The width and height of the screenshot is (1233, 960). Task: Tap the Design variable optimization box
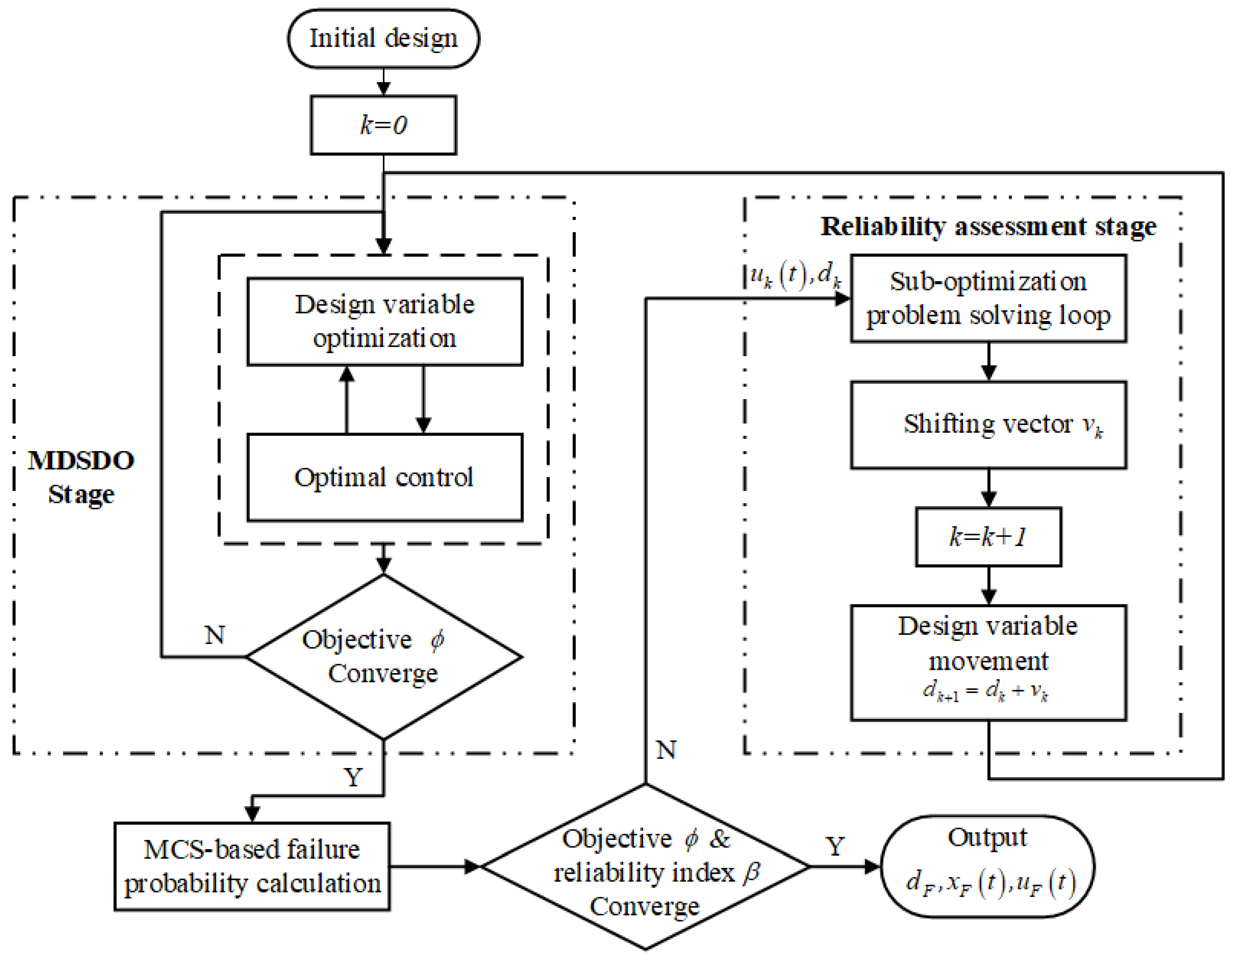point(384,322)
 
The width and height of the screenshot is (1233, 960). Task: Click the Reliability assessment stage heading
point(988,227)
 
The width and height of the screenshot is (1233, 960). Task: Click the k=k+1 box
point(988,537)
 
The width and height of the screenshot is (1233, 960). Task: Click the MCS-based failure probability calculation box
point(252,867)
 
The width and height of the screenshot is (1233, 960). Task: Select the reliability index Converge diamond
point(645,867)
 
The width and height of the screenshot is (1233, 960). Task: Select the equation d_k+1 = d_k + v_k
point(985,691)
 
